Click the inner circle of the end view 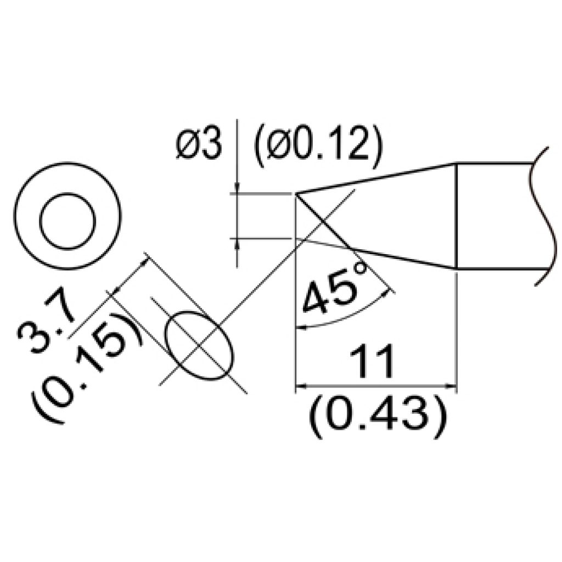(68, 220)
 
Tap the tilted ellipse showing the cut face (200, 346)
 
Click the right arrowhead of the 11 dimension (451, 386)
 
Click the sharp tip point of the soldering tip (296, 193)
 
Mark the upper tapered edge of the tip (379, 178)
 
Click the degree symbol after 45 (361, 271)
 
